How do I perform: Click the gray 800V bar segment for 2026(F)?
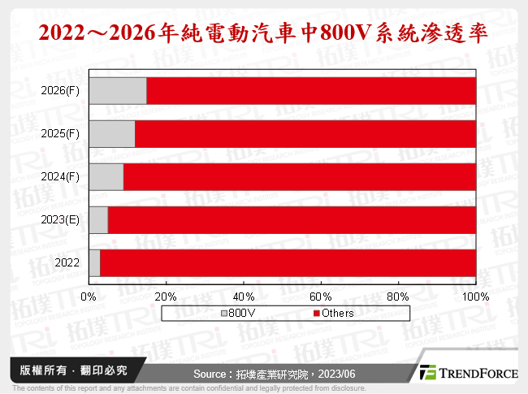[x=118, y=90]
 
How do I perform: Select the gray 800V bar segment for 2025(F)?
[x=112, y=133]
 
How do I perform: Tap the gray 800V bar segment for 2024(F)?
[x=106, y=176]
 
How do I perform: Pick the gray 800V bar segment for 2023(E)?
[x=98, y=219]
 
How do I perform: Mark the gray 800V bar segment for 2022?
[x=94, y=262]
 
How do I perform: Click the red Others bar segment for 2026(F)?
[x=310, y=90]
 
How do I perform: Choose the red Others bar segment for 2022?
[x=288, y=262]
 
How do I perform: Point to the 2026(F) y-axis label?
[x=60, y=90]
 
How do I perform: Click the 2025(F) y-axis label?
[x=60, y=133]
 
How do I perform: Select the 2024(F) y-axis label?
[x=60, y=176]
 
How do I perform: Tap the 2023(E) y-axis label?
[x=60, y=219]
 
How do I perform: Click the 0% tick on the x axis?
[x=89, y=296]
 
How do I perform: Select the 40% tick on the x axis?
[x=243, y=296]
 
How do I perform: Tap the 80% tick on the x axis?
[x=398, y=296]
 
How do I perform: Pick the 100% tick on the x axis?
[x=475, y=296]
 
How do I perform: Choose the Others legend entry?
[x=332, y=313]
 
